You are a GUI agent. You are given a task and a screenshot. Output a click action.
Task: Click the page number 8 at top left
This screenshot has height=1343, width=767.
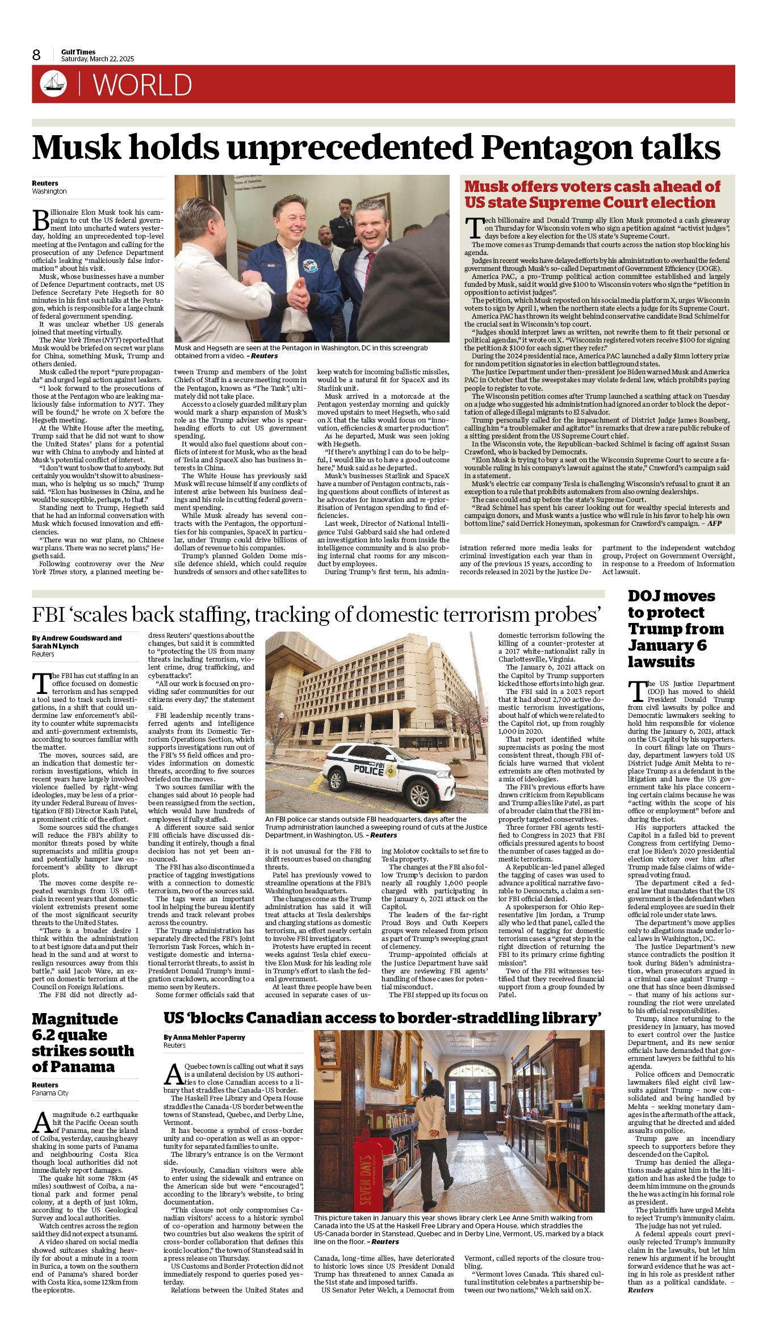[x=37, y=55]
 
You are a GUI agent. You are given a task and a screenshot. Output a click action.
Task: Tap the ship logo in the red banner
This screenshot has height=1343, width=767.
[x=53, y=84]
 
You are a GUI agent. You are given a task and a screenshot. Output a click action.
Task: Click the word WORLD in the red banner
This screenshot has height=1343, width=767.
[x=142, y=85]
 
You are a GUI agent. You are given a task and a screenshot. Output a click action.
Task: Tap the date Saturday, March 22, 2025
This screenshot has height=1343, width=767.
[x=98, y=59]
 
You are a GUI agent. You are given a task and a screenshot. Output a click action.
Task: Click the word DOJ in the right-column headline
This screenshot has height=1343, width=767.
[x=644, y=596]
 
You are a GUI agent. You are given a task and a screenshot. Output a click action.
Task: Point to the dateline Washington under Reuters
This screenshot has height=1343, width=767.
[x=49, y=191]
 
